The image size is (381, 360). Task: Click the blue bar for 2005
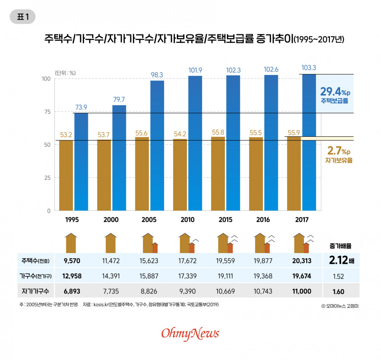pos(157,145)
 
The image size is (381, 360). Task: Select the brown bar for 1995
pos(66,175)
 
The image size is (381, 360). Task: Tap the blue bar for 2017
pos(309,142)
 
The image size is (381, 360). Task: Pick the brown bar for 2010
pos(180,175)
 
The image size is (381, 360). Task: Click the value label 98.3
pos(157,74)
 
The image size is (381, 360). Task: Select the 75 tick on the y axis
pos(47,112)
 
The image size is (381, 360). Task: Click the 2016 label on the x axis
pos(263,220)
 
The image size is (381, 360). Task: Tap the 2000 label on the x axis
pos(111,220)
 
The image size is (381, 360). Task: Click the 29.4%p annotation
pos(335,92)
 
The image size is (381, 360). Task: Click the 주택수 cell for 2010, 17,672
pos(187,260)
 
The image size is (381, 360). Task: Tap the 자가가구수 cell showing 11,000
pos(301,291)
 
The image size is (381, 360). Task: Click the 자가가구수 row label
pos(35,291)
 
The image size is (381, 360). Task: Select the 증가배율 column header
pos(341,246)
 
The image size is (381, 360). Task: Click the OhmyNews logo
pos(190,333)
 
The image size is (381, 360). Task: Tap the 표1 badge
pos(23,17)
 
